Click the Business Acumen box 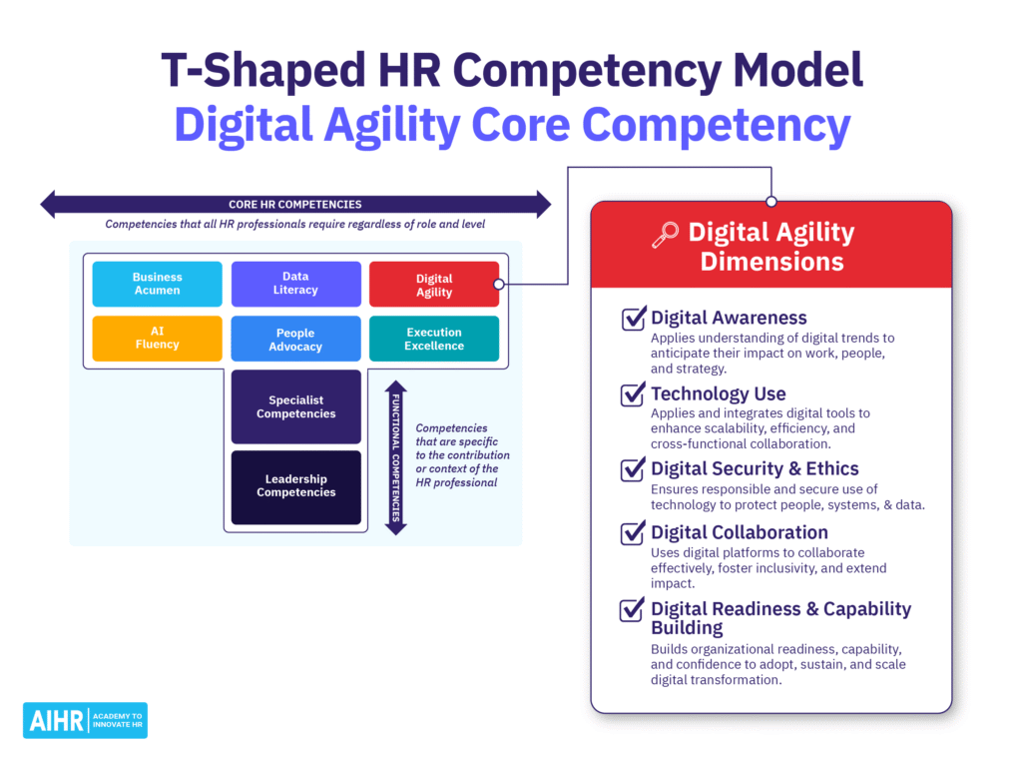tap(157, 284)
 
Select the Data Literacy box tap(295, 284)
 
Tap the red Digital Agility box tap(433, 285)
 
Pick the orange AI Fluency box tap(157, 338)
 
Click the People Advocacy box tap(295, 339)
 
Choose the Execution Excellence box tap(433, 339)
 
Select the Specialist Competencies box tap(295, 406)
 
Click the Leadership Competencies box tap(295, 486)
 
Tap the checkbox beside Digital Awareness tap(633, 319)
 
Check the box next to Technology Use tap(633, 394)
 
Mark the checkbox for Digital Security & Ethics tap(633, 469)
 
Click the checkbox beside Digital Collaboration tap(633, 533)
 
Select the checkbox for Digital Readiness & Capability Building tap(633, 609)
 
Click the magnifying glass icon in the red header tap(664, 235)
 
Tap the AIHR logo tap(85, 720)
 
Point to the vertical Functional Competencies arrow tap(396, 457)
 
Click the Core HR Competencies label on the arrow tap(294, 205)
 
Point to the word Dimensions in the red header tap(771, 262)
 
